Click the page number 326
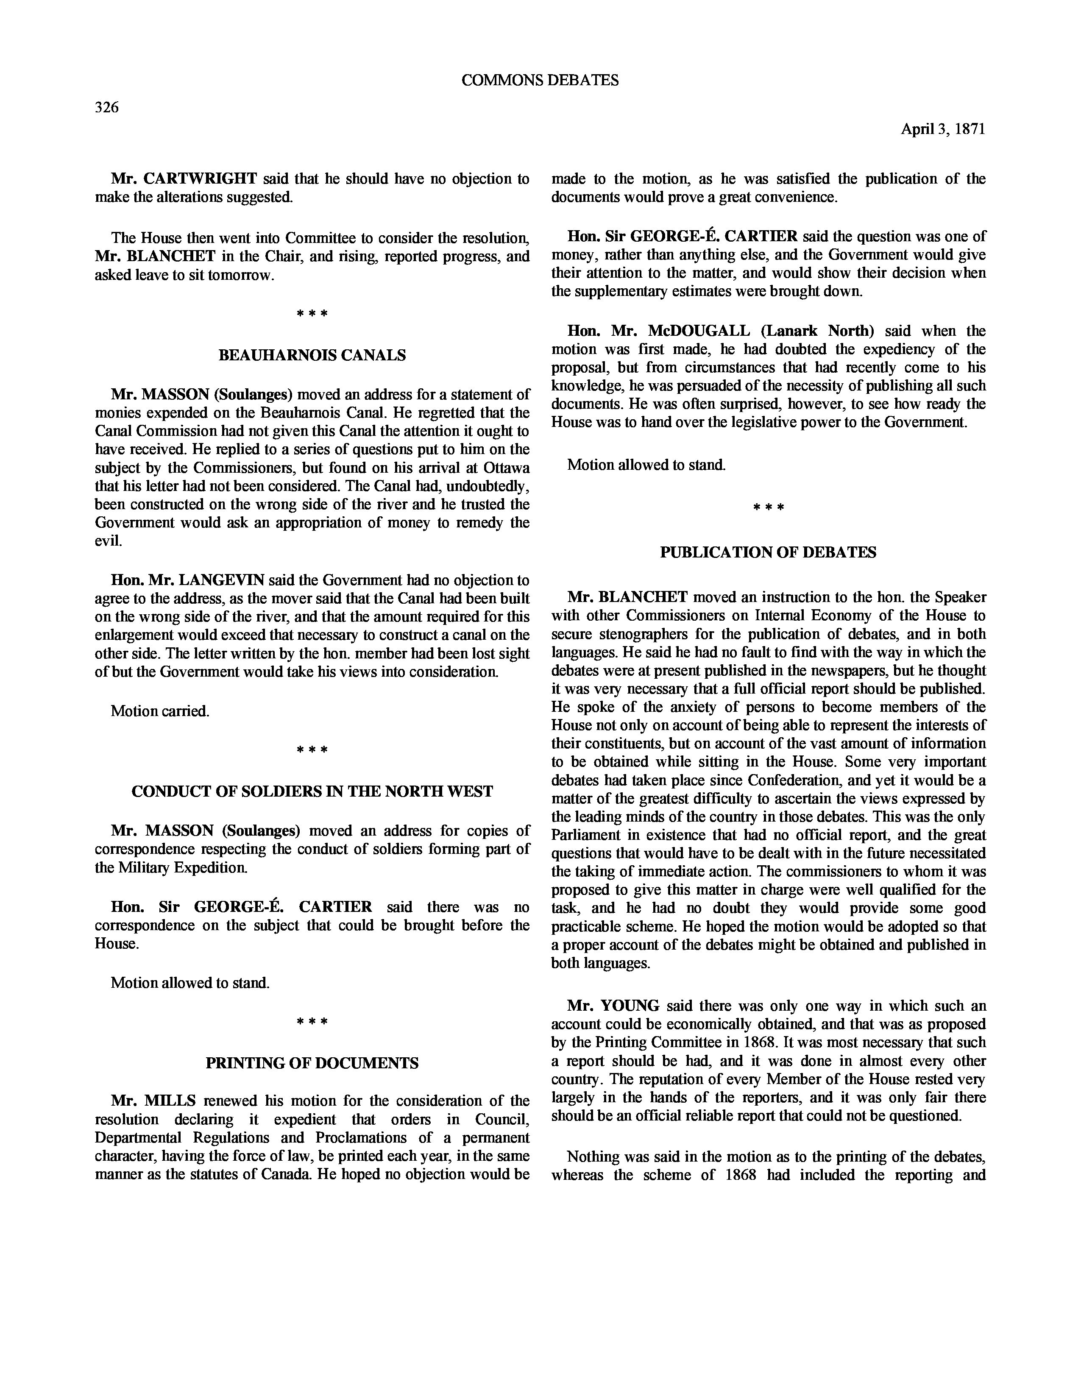(107, 108)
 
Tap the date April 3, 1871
(943, 129)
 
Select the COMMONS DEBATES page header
(540, 80)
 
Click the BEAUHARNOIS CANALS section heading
(312, 356)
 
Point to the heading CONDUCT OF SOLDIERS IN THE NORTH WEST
(312, 792)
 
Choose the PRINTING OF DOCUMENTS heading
(312, 1063)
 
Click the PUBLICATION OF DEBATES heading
(768, 553)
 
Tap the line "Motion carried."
(160, 711)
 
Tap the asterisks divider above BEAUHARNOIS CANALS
(312, 314)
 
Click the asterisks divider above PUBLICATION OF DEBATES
(768, 508)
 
